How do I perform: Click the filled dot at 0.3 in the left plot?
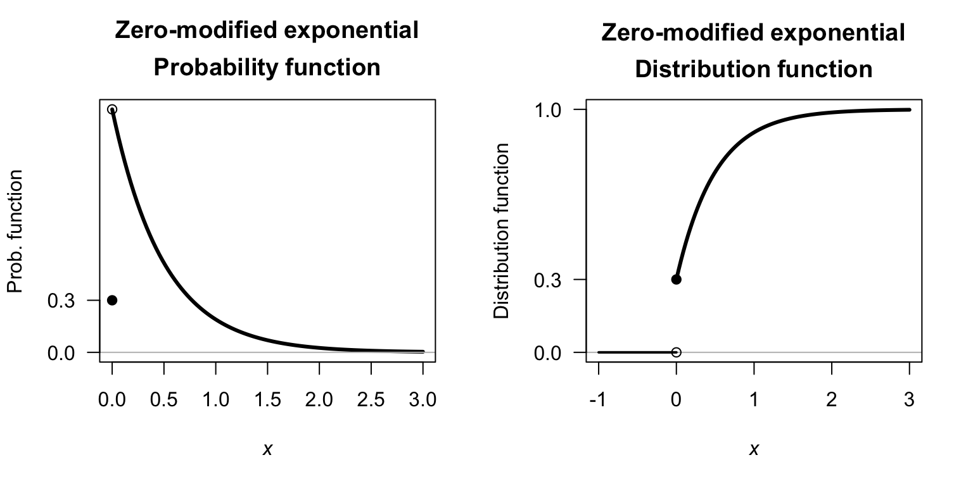click(x=112, y=300)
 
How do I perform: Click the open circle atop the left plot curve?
click(x=112, y=109)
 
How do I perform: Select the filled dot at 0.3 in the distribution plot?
click(x=676, y=279)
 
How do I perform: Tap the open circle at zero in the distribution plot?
click(x=676, y=352)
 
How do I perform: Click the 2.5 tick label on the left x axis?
click(x=371, y=401)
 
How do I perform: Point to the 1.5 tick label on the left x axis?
click(x=267, y=401)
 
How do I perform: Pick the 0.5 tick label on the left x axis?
click(x=164, y=401)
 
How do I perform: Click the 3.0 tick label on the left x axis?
click(x=423, y=401)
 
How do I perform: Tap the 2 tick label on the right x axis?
click(x=831, y=401)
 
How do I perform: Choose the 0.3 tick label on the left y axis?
click(x=61, y=301)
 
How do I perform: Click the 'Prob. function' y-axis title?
click(x=15, y=231)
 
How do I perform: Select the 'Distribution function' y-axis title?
click(x=501, y=231)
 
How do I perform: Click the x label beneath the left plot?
click(x=267, y=449)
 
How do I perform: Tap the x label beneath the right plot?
click(x=754, y=449)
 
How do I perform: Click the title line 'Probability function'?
click(x=267, y=68)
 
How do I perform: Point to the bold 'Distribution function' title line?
click(x=753, y=69)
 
